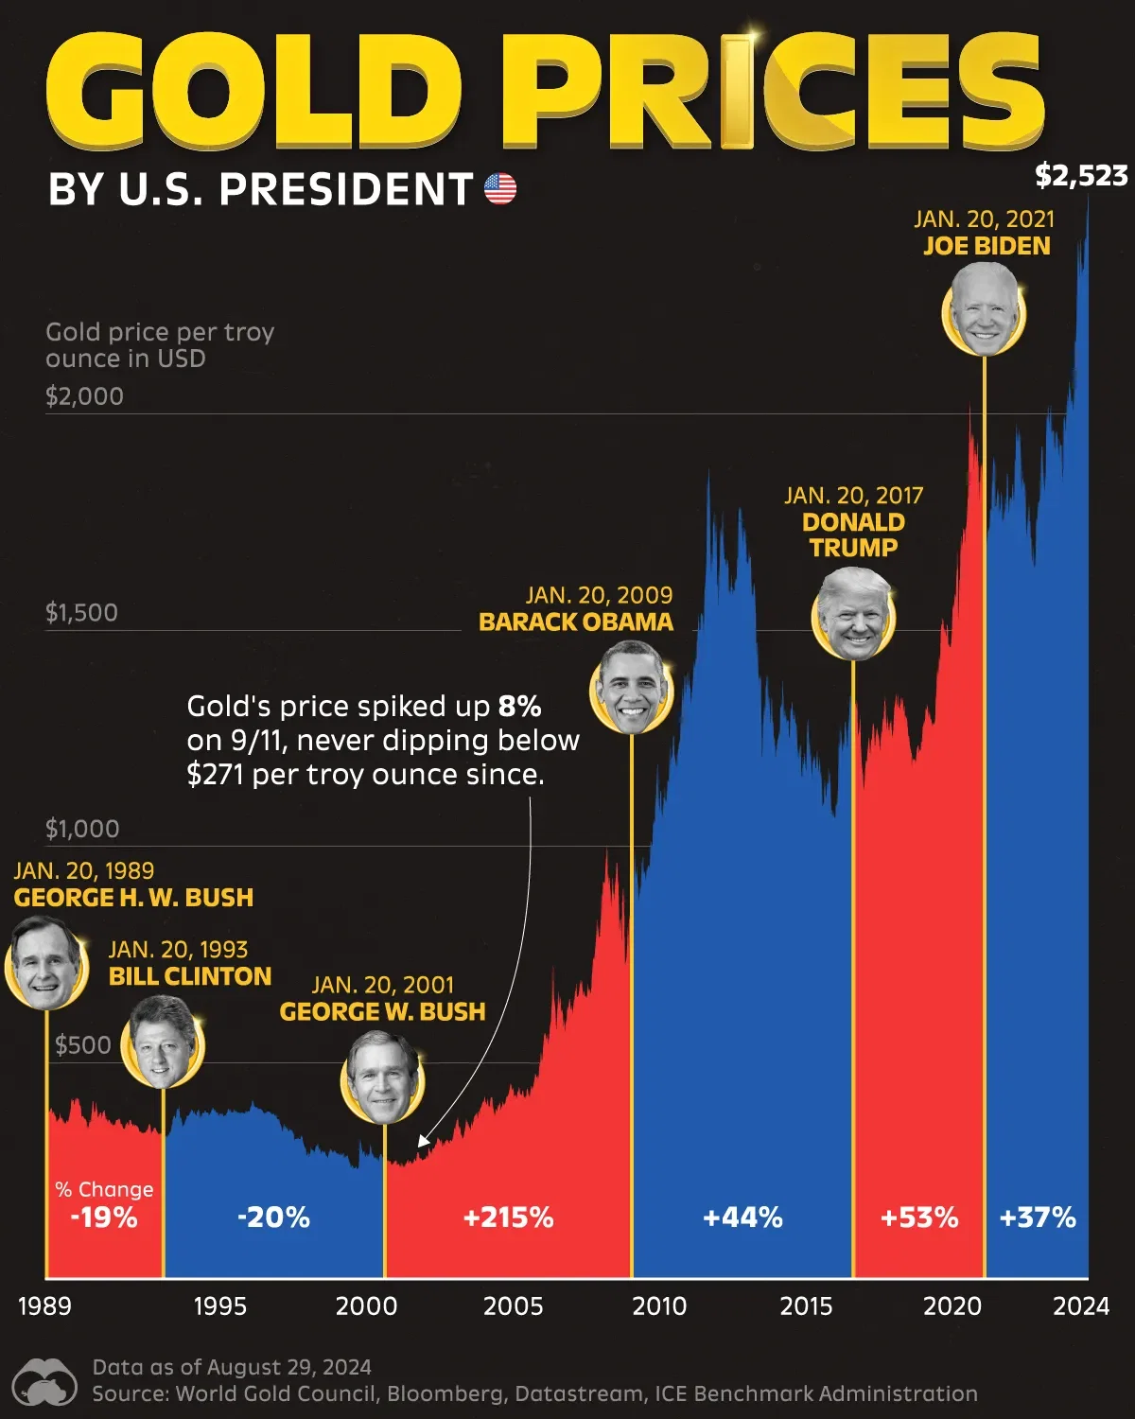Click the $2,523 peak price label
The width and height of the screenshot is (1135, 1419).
coord(1081,176)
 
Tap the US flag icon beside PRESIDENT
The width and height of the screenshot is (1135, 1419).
coord(500,189)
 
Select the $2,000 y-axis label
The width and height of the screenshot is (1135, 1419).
coord(84,395)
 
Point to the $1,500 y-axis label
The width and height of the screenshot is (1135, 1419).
coord(81,612)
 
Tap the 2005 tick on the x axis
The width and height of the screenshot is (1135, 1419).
coord(513,1305)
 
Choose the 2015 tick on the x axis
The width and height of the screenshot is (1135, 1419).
coord(806,1305)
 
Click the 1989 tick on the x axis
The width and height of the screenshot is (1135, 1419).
coord(44,1305)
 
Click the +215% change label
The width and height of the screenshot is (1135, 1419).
coord(508,1217)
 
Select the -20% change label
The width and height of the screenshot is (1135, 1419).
coord(273,1217)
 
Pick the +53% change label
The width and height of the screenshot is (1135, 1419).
coord(918,1217)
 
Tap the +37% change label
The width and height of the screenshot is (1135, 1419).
coord(1037,1217)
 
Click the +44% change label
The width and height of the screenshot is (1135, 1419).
coord(742,1217)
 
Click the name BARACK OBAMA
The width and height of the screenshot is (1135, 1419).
coord(575,622)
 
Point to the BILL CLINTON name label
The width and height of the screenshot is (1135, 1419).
coord(189,976)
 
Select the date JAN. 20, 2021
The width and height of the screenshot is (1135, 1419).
coord(984,219)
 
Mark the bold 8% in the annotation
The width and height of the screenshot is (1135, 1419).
coord(519,707)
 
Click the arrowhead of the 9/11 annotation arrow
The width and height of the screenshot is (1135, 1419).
coord(422,1142)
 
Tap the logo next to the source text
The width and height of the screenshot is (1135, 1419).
coord(45,1382)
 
